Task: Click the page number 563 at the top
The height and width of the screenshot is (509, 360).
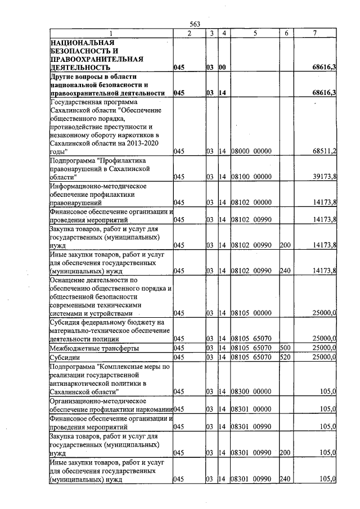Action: coord(195,24)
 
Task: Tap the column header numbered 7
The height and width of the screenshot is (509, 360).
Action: coord(316,33)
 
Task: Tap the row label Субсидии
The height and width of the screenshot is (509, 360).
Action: coord(65,357)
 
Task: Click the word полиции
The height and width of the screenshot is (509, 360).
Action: coord(105,339)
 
